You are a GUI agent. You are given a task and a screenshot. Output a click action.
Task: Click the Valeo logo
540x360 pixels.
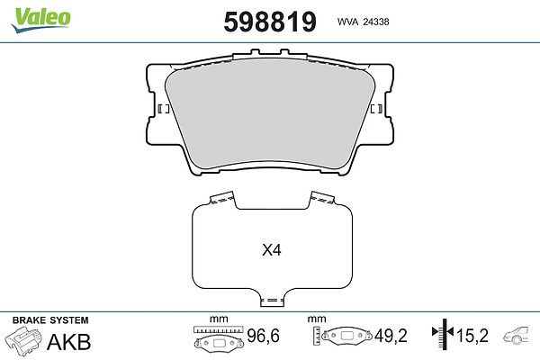41,20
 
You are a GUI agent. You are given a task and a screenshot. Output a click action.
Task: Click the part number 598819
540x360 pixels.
270,22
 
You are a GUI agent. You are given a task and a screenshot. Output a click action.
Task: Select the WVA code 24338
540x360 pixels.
376,22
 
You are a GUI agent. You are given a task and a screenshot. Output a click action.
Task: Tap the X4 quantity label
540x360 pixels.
272,250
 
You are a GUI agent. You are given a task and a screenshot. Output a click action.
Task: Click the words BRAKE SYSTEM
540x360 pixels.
50,320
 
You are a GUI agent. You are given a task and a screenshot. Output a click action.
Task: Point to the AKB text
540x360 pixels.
68,342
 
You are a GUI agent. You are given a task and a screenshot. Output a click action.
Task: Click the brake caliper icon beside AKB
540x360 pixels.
23,339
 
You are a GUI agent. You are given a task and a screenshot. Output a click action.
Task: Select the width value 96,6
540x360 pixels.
263,336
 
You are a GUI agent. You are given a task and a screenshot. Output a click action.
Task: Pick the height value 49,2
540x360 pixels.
391,336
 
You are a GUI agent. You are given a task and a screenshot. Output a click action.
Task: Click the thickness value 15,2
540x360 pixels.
472,336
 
